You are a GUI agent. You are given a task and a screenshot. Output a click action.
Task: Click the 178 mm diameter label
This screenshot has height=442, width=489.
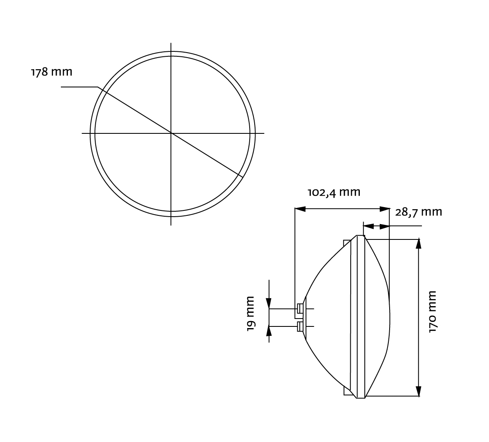(52, 72)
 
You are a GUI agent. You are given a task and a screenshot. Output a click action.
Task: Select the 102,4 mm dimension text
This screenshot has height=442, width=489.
(334, 193)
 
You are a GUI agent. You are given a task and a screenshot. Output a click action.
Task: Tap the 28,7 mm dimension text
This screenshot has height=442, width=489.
(419, 212)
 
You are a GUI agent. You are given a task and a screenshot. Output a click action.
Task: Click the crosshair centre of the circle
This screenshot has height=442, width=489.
(171, 133)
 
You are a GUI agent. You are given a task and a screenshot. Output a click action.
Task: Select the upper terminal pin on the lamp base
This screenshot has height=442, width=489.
(299, 309)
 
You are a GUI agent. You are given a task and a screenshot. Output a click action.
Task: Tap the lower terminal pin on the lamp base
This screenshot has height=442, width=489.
(299, 327)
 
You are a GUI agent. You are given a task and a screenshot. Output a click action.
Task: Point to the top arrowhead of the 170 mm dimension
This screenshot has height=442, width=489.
(419, 243)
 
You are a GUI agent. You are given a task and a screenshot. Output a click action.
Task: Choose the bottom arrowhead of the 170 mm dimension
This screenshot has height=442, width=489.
(419, 391)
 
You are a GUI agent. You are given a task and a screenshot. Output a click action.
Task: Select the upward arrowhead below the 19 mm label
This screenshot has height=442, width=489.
(269, 330)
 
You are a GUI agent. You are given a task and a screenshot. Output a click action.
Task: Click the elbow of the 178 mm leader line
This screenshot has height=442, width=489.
(98, 87)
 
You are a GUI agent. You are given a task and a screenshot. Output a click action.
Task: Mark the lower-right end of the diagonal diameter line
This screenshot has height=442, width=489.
(243, 177)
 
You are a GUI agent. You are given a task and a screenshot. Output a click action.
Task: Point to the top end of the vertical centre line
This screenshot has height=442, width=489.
(171, 43)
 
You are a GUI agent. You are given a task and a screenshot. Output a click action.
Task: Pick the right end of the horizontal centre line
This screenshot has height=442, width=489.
(264, 133)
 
